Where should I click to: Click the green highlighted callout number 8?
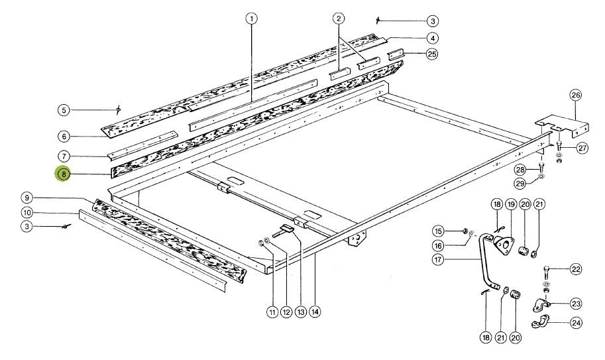coord(64,174)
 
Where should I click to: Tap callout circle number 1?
coord(251,19)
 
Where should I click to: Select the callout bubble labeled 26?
coord(575,95)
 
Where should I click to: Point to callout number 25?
coord(432,54)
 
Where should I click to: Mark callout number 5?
coord(64,109)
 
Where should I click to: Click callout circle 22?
coord(576,269)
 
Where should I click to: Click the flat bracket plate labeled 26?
coord(561,125)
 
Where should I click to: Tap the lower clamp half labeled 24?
coord(543,325)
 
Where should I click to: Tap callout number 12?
coord(286,311)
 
